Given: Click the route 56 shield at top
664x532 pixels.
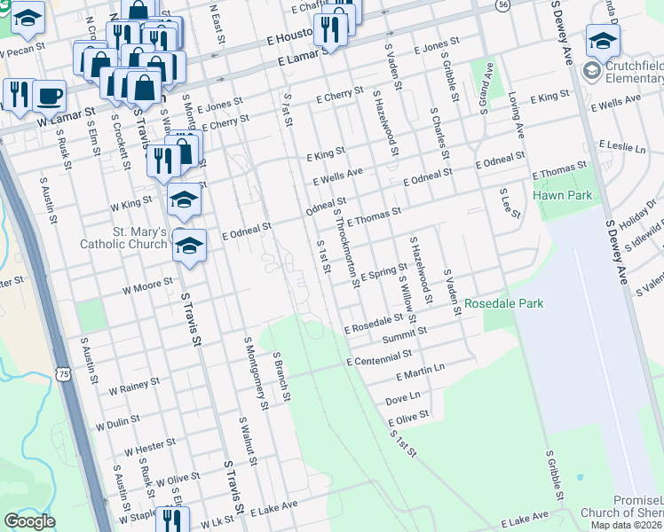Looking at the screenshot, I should point(503,4).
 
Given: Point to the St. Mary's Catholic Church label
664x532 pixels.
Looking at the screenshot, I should point(123,239).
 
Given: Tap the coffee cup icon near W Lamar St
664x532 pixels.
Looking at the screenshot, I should point(50,95).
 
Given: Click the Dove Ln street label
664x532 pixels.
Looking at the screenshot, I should point(402,400).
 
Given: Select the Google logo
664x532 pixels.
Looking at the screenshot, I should point(29,521).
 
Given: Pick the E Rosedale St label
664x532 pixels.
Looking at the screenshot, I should point(379,325).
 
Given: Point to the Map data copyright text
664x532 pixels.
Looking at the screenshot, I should point(627,525).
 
